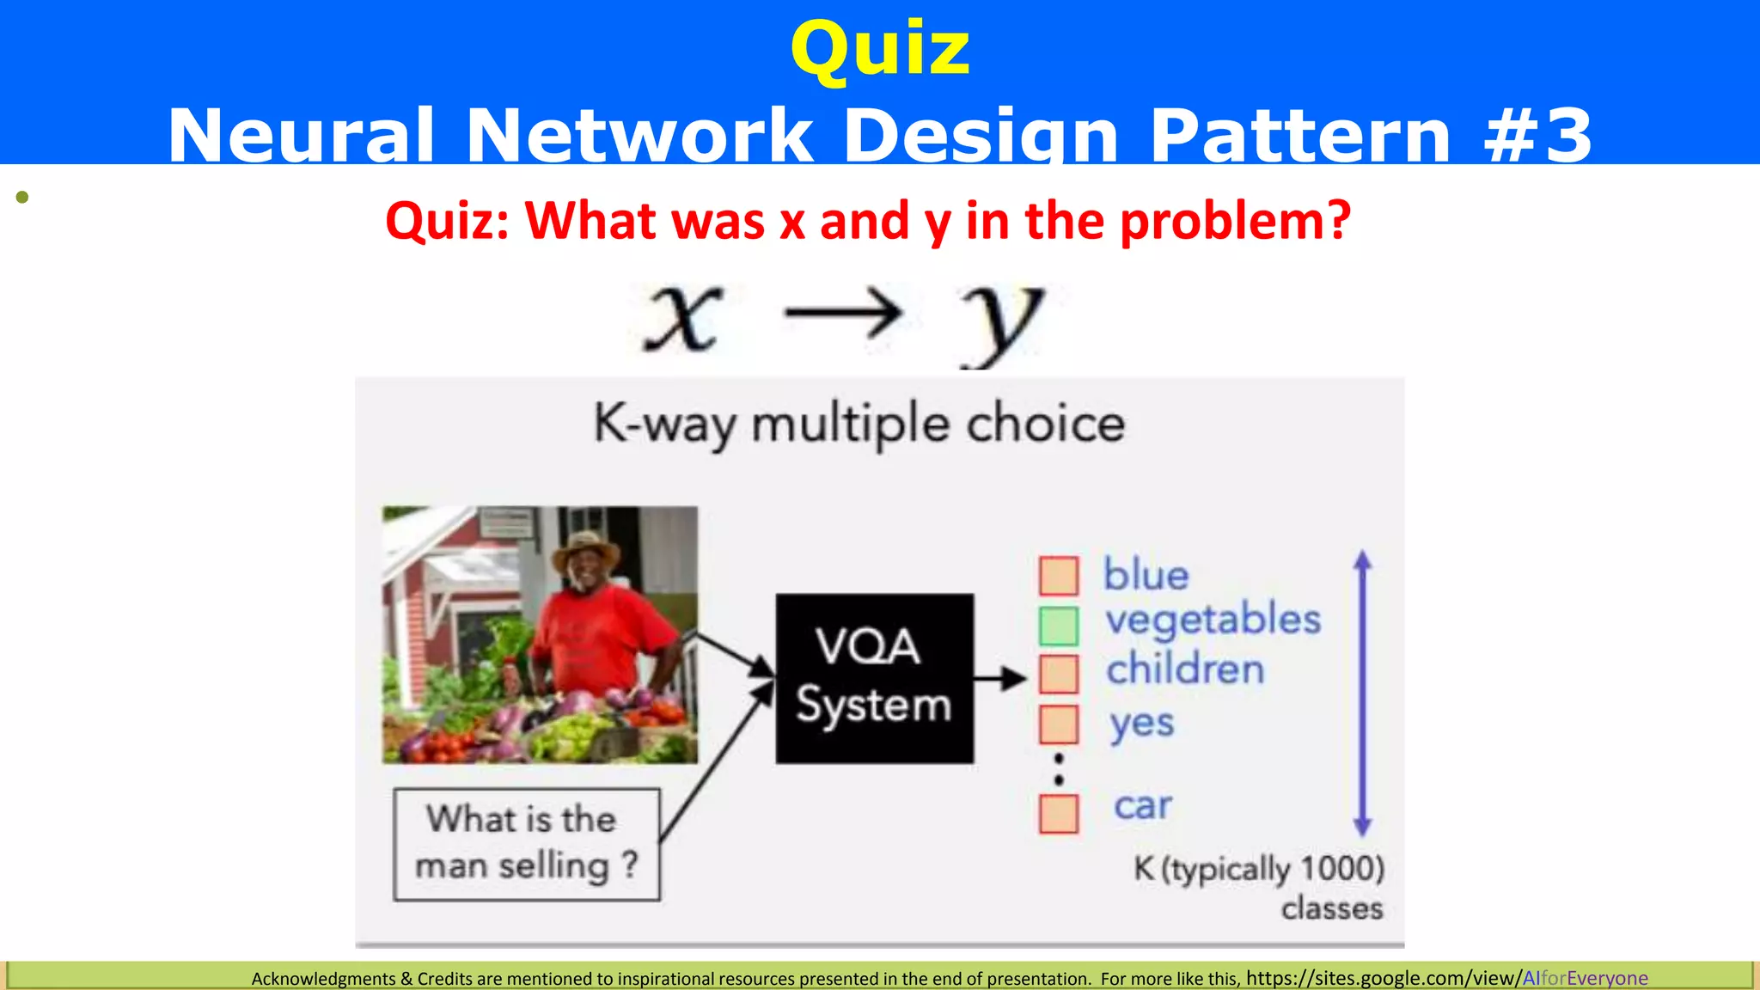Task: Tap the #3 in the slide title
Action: (x=1538, y=135)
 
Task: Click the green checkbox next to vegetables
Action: (x=1058, y=626)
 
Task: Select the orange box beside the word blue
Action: (x=1058, y=576)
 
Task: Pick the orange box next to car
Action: (x=1058, y=813)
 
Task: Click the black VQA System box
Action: (x=874, y=678)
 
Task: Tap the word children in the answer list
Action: (x=1184, y=669)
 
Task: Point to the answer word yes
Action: (x=1140, y=724)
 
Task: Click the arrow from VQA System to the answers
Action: (x=1000, y=679)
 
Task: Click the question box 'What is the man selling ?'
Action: (x=526, y=844)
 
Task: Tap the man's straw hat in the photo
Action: (x=586, y=548)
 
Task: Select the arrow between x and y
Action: (x=843, y=314)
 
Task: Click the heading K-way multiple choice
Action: (x=859, y=424)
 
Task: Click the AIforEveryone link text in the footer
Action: (x=1585, y=978)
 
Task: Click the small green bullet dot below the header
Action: (x=22, y=198)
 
